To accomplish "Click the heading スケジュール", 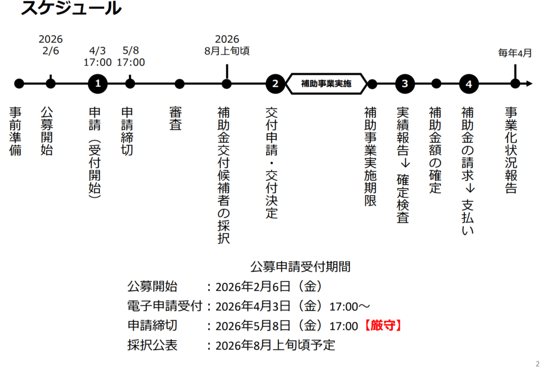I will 71,8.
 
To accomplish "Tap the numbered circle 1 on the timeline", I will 98,84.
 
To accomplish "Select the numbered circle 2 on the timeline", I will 275,84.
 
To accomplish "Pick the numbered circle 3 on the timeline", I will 405,84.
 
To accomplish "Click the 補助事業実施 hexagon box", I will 326,84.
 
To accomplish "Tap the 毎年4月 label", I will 515,53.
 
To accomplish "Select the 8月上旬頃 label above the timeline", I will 227,52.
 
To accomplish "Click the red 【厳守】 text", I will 383,326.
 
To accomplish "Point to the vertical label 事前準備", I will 16,131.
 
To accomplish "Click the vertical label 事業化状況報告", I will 510,150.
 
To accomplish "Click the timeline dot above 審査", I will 180,84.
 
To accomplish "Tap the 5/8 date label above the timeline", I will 130,51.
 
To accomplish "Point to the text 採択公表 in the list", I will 152,346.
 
